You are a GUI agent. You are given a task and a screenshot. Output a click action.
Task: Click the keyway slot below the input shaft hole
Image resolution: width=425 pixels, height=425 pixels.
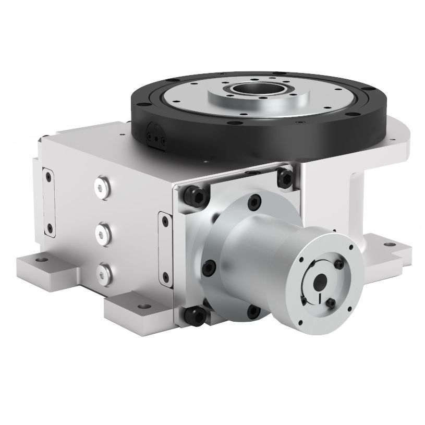319,298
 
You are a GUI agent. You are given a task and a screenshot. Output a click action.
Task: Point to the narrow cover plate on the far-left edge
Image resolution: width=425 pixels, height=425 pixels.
48,201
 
